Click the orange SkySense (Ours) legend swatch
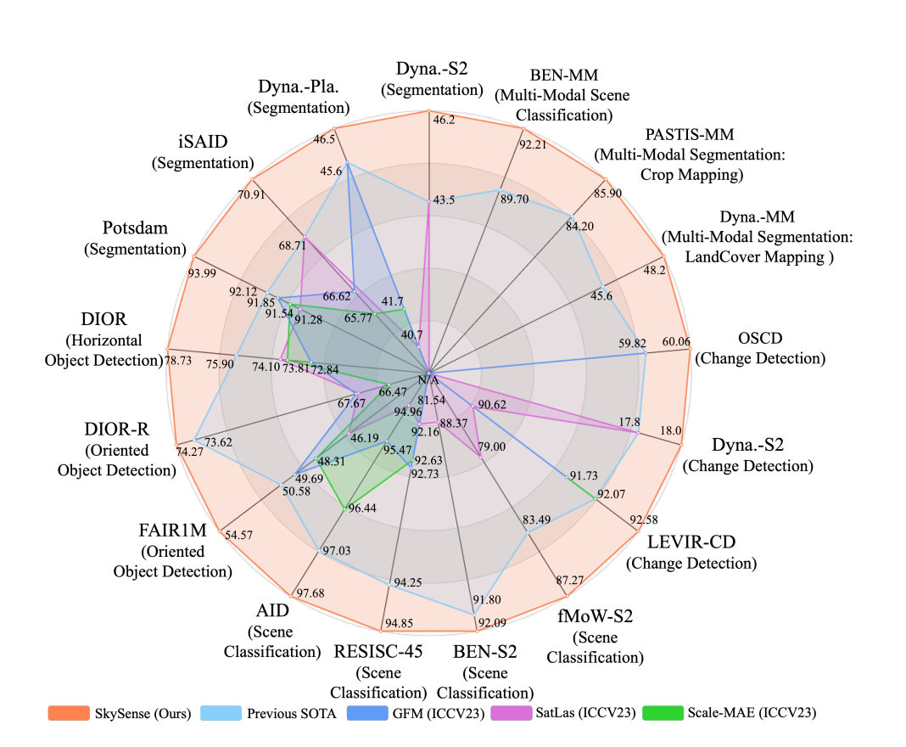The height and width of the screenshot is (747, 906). (68, 713)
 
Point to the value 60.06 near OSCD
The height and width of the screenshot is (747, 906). (675, 342)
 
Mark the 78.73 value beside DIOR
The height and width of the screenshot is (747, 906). (179, 361)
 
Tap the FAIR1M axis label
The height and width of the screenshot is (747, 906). (172, 531)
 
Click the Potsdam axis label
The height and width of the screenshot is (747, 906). (135, 228)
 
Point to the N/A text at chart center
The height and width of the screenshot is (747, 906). (428, 379)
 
